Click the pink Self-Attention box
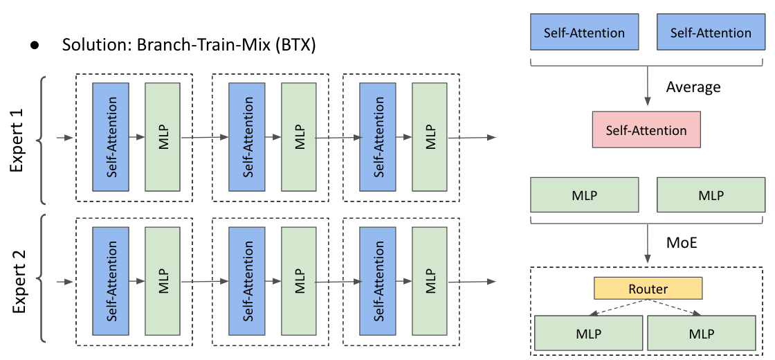tap(646, 130)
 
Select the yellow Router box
tap(648, 289)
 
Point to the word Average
tap(693, 87)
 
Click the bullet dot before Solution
tap(33, 46)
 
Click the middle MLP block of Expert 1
tap(299, 137)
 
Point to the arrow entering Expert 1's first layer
tap(65, 138)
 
